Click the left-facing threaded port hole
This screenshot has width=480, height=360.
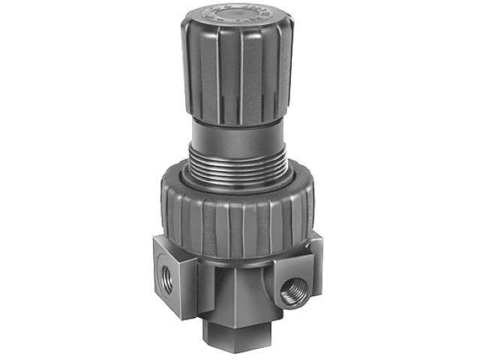coord(167,280)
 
